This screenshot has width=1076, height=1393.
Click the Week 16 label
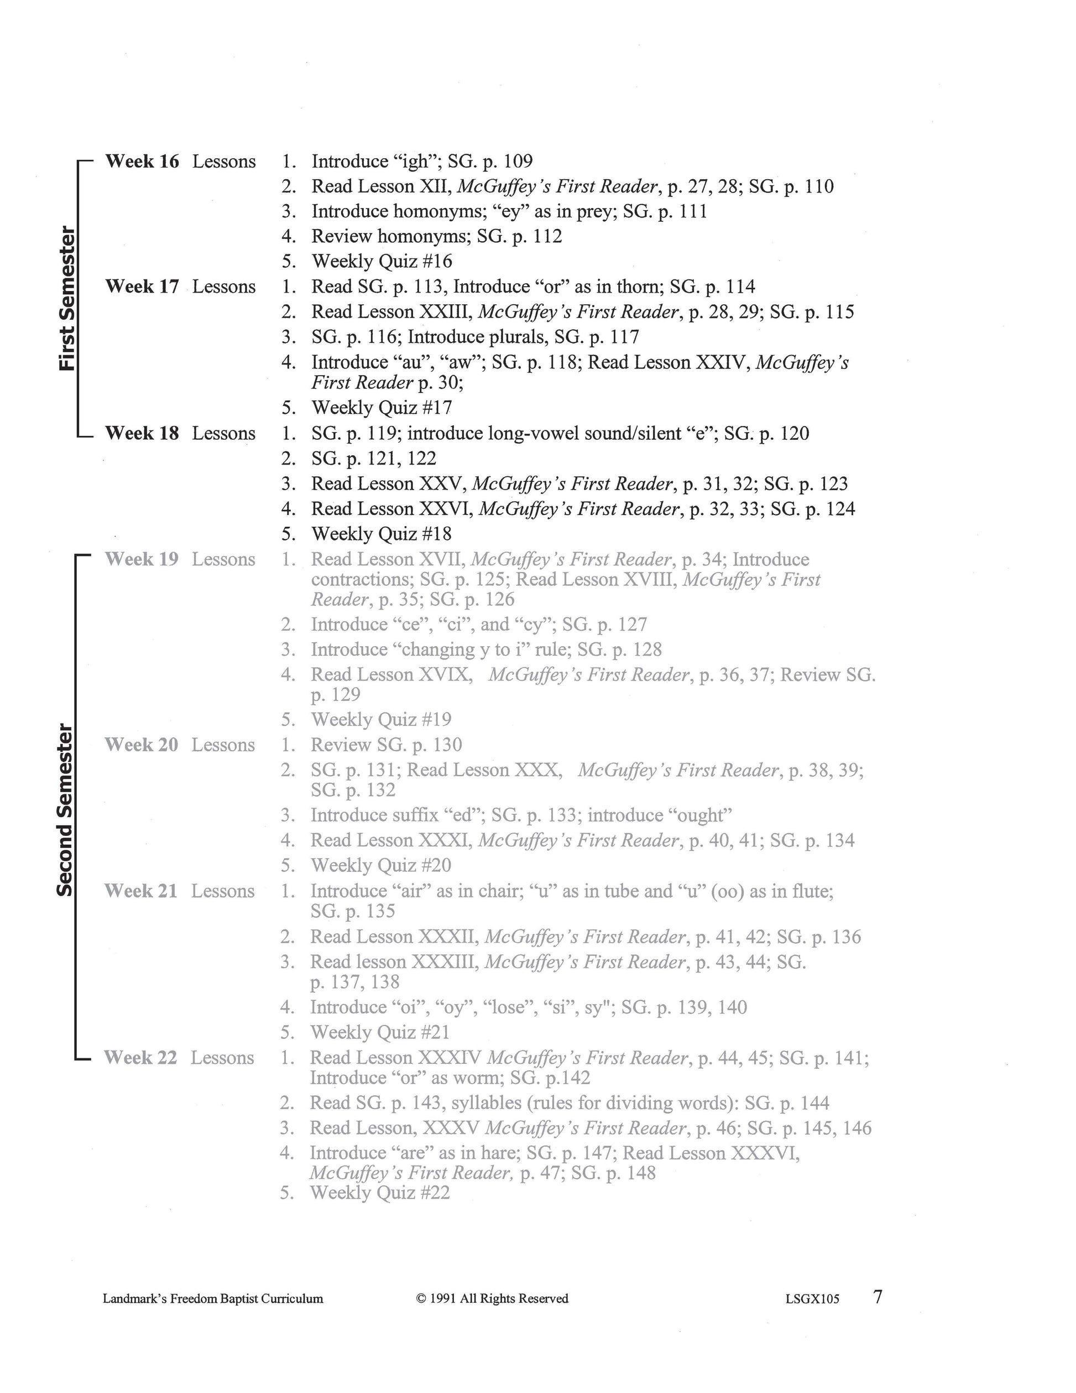tap(142, 162)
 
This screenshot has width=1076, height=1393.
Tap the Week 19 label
tap(142, 559)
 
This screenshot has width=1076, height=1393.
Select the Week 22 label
tap(140, 1058)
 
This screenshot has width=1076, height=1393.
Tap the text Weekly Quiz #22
tap(380, 1193)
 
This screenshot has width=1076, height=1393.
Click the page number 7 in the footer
tap(877, 1297)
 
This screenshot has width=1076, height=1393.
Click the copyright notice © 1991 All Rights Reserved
tap(492, 1298)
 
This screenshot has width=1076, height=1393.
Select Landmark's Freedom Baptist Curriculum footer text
tap(213, 1298)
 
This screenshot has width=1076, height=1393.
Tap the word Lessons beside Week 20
tap(223, 745)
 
